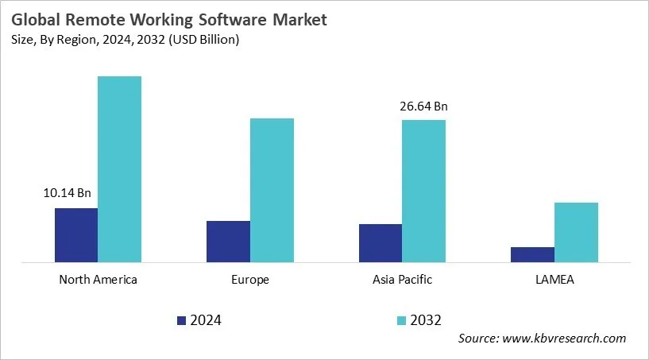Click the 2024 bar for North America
tap(76, 235)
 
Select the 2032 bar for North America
tap(119, 169)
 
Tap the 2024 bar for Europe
tap(228, 242)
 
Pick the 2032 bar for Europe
tap(272, 190)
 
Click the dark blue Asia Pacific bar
tap(381, 243)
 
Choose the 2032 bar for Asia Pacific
tap(423, 191)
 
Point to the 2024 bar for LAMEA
tap(532, 254)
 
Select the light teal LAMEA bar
tap(576, 232)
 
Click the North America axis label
tap(99, 280)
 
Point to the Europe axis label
tap(250, 280)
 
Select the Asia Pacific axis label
tap(403, 280)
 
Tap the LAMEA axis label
tap(554, 280)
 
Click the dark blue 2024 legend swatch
tap(181, 320)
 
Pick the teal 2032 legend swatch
tap(401, 320)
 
